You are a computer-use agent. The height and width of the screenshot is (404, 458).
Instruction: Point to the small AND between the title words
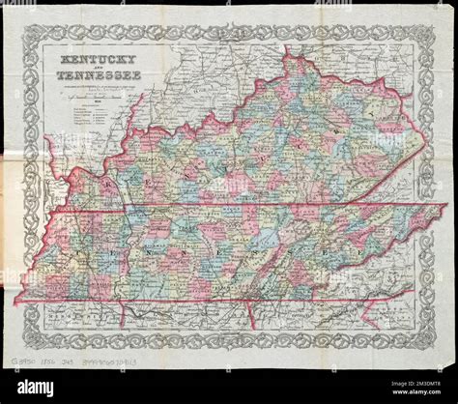(89, 69)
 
